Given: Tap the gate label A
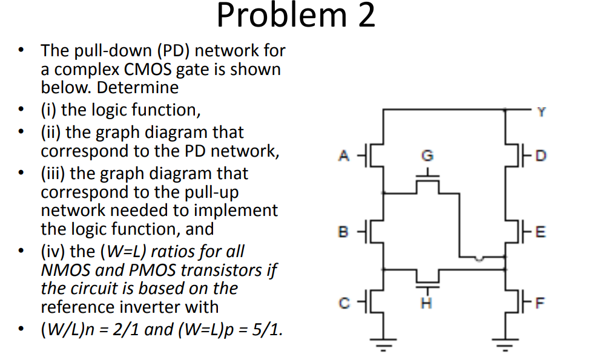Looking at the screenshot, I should coord(343,156).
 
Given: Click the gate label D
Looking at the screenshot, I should coord(541,156).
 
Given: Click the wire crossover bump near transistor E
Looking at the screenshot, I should coord(479,258).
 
